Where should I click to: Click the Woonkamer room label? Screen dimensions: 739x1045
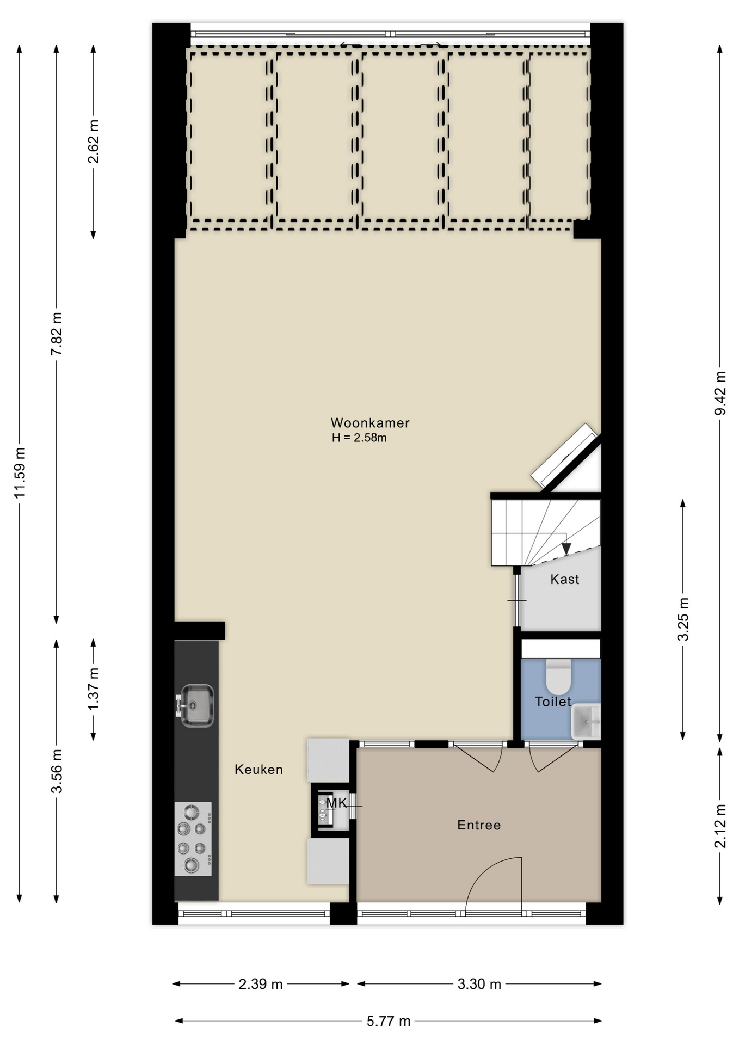click(x=370, y=423)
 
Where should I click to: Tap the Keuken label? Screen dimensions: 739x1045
click(x=258, y=770)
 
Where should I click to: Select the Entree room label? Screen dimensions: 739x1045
click(x=479, y=825)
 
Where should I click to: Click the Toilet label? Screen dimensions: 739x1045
click(x=553, y=702)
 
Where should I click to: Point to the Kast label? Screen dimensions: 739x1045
click(x=564, y=579)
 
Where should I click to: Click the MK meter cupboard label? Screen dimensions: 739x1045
click(x=336, y=803)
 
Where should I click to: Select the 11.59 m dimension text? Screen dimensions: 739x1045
click(x=20, y=472)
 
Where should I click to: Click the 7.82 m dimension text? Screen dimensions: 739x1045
click(x=56, y=334)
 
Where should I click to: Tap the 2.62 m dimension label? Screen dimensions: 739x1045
click(x=93, y=142)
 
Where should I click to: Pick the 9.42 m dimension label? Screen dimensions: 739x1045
click(x=720, y=393)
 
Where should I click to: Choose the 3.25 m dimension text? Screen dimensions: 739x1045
click(x=683, y=619)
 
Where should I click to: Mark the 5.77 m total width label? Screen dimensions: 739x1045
click(x=389, y=1022)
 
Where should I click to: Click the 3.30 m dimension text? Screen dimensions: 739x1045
click(x=479, y=984)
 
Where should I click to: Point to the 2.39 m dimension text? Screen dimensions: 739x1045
click(x=261, y=984)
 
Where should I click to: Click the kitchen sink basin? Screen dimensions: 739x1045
click(x=196, y=706)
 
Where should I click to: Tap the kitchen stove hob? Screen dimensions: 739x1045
click(x=193, y=839)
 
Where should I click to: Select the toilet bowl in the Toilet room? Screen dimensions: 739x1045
click(x=558, y=677)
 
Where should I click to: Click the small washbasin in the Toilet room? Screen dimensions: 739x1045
click(x=586, y=721)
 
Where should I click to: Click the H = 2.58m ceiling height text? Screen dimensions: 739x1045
click(x=359, y=438)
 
